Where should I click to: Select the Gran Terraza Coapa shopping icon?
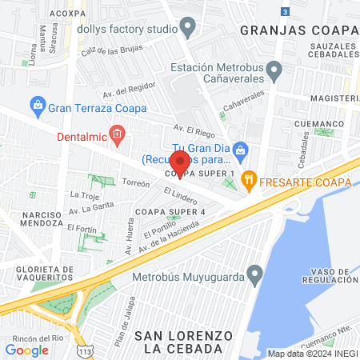click(37, 105)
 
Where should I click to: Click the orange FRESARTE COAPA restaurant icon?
click(250, 181)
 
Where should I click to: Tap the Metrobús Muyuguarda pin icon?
click(255, 276)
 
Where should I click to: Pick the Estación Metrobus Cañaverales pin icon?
click(274, 72)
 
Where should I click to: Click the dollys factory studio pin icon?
click(188, 29)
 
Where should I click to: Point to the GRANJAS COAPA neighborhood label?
click(297, 30)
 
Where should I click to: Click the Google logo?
click(26, 350)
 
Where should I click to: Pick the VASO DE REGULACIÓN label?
click(329, 275)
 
